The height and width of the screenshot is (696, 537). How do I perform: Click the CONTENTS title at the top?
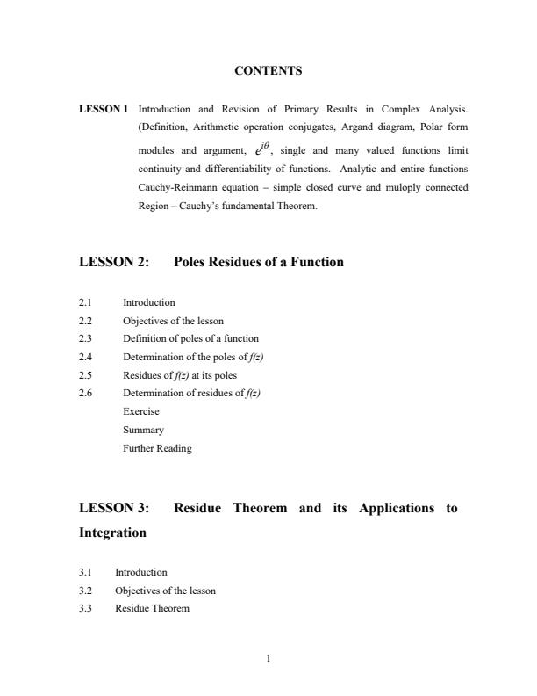click(268, 70)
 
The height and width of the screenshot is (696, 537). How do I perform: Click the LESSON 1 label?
click(104, 110)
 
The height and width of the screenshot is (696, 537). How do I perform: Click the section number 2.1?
click(86, 302)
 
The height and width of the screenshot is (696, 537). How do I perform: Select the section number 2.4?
click(86, 356)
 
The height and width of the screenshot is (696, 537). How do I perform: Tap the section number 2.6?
click(86, 392)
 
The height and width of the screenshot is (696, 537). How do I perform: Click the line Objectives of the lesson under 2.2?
click(173, 320)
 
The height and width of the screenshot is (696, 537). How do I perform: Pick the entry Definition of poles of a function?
click(190, 338)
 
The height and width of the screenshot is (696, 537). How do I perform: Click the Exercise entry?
click(141, 410)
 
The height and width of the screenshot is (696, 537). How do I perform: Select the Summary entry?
click(143, 430)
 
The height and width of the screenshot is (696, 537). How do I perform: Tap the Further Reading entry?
click(157, 448)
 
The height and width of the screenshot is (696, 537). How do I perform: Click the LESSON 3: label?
click(114, 508)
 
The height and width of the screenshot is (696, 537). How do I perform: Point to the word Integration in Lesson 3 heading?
click(112, 533)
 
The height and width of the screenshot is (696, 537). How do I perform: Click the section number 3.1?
click(86, 572)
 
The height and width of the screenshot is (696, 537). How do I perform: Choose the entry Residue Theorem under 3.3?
click(152, 608)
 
